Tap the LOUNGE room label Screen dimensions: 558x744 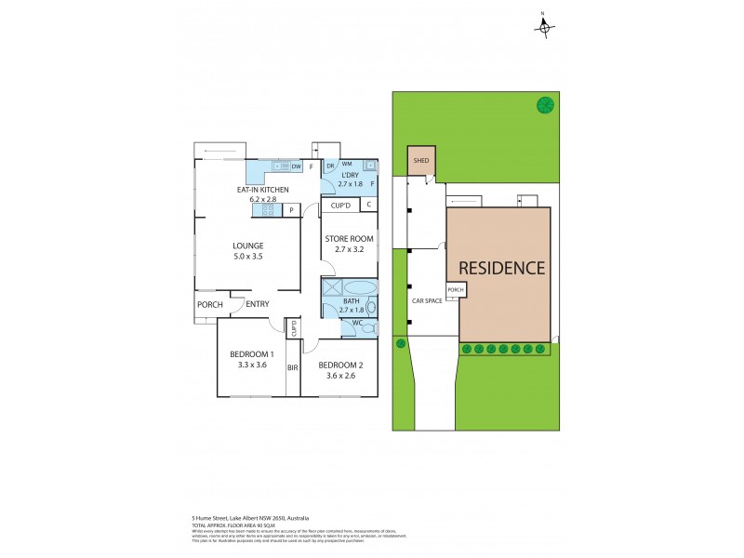tap(248, 246)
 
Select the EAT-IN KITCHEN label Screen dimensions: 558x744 tap(263, 190)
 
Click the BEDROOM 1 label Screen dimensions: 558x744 tap(252, 354)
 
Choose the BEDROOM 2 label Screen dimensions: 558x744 tap(340, 365)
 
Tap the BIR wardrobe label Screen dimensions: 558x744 tap(293, 368)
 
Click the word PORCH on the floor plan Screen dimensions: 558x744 tap(208, 304)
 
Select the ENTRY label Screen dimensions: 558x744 tap(258, 304)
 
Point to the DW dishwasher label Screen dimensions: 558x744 tap(296, 166)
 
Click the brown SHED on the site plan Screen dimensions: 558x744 tap(421, 160)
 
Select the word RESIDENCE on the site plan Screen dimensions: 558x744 tap(502, 268)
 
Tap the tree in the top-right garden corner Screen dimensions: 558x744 tap(544, 105)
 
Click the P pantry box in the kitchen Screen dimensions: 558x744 tap(291, 210)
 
